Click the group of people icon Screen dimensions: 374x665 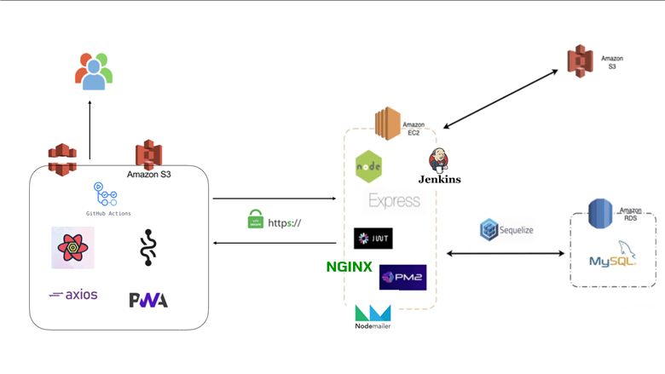[x=93, y=71]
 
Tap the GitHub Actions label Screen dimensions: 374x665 [x=108, y=213]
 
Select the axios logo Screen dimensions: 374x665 [x=73, y=295]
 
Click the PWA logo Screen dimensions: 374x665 [x=148, y=300]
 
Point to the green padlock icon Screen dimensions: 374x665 [x=255, y=220]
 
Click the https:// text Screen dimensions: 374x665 [x=285, y=223]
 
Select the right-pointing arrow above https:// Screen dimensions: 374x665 [x=274, y=199]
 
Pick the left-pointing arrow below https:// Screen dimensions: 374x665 [x=274, y=244]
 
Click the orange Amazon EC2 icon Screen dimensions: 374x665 [x=388, y=124]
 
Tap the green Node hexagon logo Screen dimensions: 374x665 [x=369, y=166]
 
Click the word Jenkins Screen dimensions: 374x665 [x=439, y=179]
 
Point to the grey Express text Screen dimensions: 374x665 [x=394, y=201]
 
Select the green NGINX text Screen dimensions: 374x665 [x=349, y=267]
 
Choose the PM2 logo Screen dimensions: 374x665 [x=402, y=277]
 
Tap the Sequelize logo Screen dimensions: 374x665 [x=506, y=230]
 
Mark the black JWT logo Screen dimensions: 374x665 [x=373, y=238]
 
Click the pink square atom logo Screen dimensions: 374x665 [x=72, y=248]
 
